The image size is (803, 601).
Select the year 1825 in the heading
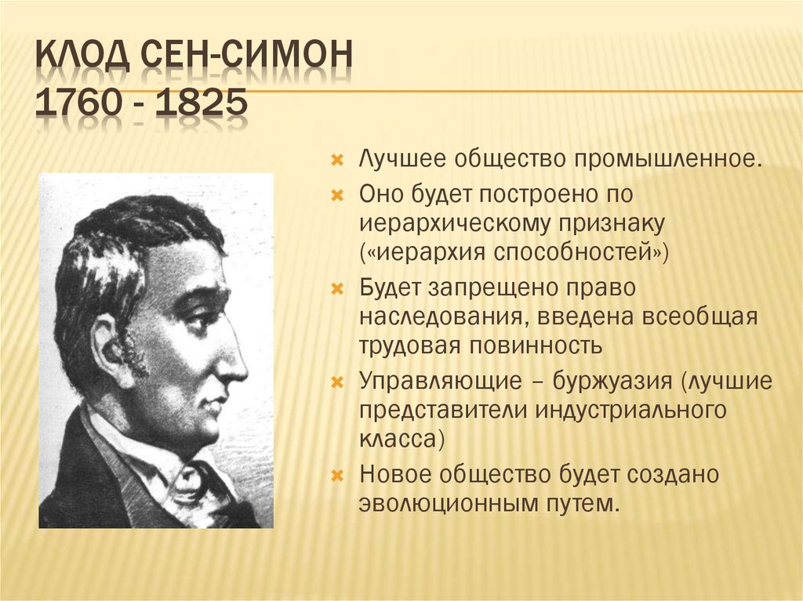tap(201, 106)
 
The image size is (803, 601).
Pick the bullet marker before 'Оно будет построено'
tap(337, 194)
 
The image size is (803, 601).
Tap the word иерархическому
tap(458, 223)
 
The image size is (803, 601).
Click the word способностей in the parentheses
tap(579, 253)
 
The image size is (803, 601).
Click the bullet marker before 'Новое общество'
tap(337, 475)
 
